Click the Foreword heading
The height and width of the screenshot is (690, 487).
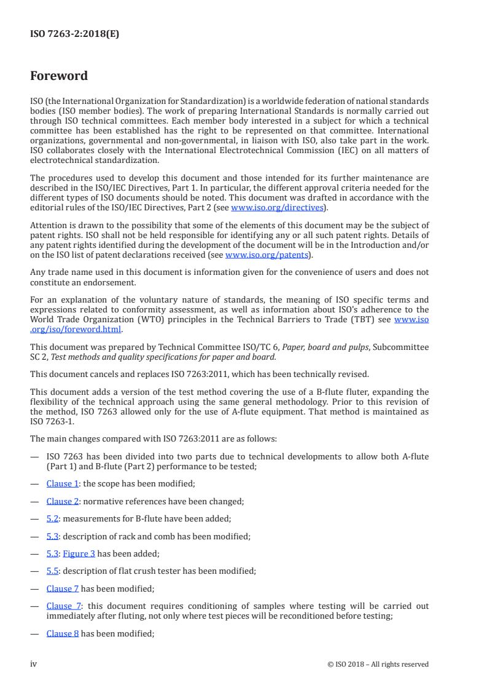click(59, 76)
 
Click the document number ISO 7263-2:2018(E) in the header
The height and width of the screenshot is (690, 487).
click(75, 34)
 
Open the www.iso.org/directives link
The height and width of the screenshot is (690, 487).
click(276, 207)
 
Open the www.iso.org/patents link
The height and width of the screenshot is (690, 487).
click(268, 255)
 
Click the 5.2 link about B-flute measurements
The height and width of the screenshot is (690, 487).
click(52, 518)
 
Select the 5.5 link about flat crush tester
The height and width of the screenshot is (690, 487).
click(52, 571)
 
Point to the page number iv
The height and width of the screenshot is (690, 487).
click(34, 664)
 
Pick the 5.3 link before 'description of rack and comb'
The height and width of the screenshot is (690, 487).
click(52, 536)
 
